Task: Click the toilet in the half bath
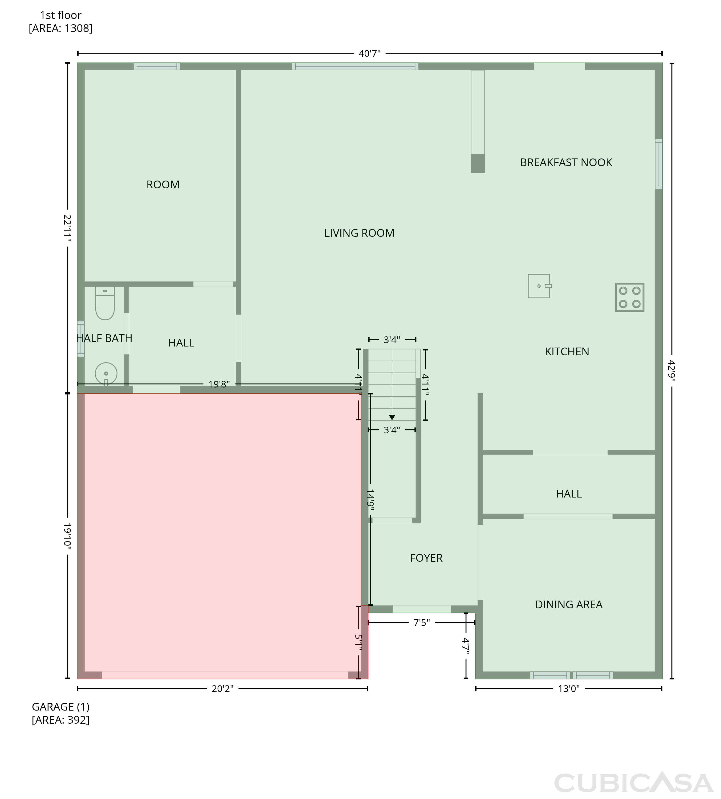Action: [105, 303]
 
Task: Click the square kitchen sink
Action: [540, 286]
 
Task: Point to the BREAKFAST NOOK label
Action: [566, 162]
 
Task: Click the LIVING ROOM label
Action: [359, 233]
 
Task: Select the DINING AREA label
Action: [569, 605]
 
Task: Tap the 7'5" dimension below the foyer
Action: [422, 623]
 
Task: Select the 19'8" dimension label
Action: [219, 384]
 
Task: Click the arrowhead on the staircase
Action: [392, 418]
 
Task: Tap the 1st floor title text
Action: [61, 15]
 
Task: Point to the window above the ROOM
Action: [157, 67]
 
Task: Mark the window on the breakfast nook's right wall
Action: [659, 164]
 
